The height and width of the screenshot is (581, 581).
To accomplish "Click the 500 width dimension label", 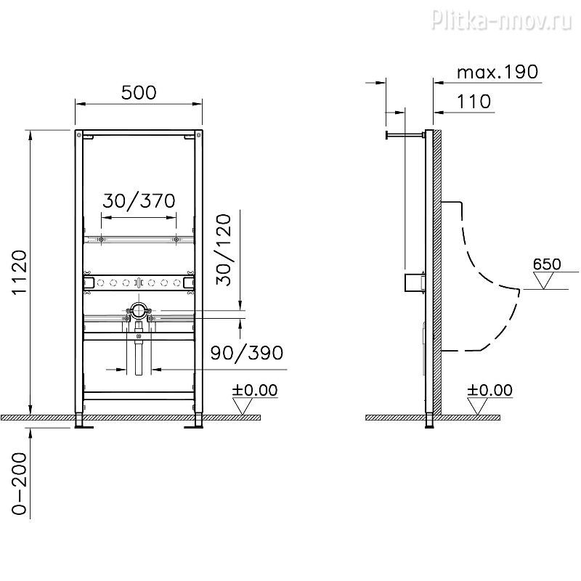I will pos(138,93).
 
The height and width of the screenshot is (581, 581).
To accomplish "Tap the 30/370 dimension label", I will pos(138,201).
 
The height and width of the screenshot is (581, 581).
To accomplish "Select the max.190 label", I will pos(497,72).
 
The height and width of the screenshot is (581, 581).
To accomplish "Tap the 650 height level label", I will pos(546,264).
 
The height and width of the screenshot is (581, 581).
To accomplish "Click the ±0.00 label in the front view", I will pos(254,390).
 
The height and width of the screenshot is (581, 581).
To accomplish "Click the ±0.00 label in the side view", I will pos(489,390).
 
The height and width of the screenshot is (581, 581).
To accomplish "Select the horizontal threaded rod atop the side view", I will pos(405,134).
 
